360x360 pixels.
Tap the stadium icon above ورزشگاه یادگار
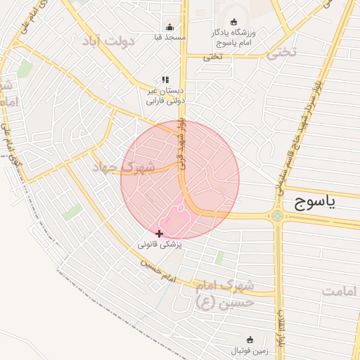(x=234, y=22)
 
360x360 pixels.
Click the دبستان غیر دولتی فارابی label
(x=166, y=96)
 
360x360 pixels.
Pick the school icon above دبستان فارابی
(x=165, y=80)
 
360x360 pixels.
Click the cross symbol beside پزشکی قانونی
(x=160, y=233)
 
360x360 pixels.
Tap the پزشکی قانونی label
(x=160, y=245)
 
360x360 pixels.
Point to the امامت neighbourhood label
(x=340, y=290)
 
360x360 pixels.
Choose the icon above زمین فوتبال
(x=249, y=339)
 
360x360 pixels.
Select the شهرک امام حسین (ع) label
(x=226, y=295)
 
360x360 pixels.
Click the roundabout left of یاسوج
(x=278, y=216)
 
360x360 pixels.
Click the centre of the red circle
(x=180, y=180)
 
